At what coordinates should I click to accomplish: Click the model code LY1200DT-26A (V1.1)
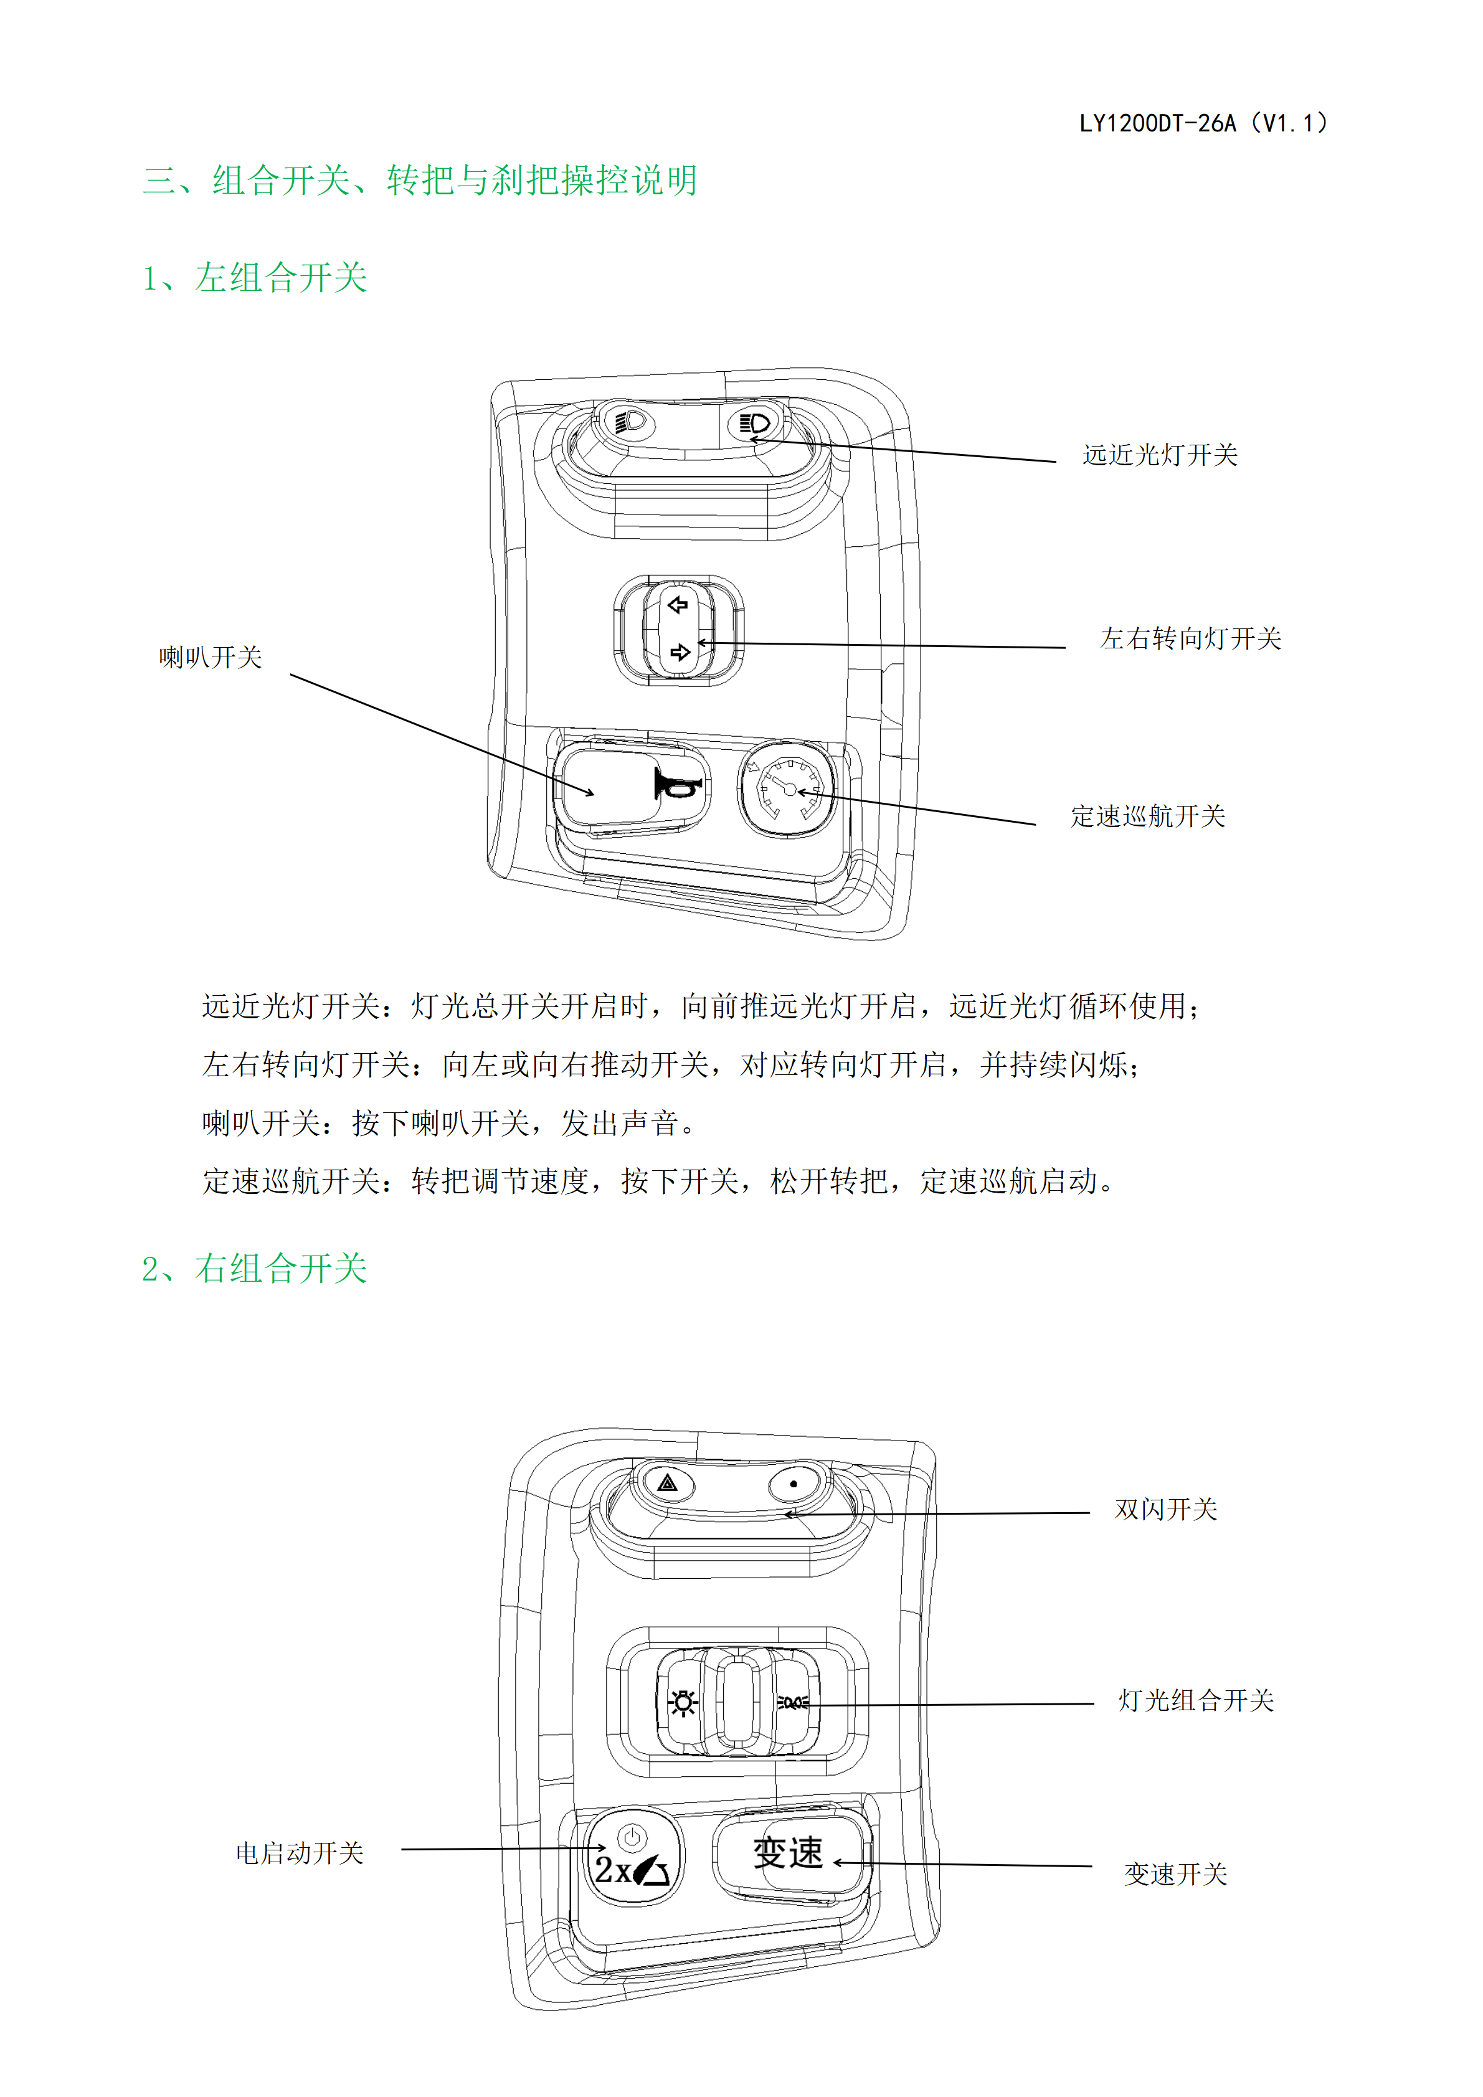(x=1203, y=123)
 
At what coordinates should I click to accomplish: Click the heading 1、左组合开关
(x=255, y=278)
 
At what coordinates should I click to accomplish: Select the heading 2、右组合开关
(x=255, y=1269)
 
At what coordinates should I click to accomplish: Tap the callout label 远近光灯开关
(x=1160, y=455)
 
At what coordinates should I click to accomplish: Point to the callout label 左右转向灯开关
(x=1191, y=638)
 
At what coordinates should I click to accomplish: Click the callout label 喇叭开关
(x=211, y=656)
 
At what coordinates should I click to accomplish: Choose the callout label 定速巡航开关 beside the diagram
(x=1148, y=816)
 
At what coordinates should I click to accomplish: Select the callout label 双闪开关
(x=1166, y=1509)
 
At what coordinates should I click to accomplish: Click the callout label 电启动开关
(x=300, y=1852)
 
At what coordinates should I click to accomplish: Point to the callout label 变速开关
(x=1175, y=1874)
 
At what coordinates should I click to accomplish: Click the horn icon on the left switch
(x=676, y=783)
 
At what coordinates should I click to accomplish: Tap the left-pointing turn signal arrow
(x=678, y=605)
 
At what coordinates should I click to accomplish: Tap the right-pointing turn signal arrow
(x=680, y=652)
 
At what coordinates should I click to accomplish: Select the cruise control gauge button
(x=786, y=788)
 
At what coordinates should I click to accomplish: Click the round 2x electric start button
(x=633, y=1857)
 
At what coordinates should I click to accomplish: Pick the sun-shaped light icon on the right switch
(x=682, y=1702)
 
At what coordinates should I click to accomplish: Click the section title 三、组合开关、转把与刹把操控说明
(x=420, y=180)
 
